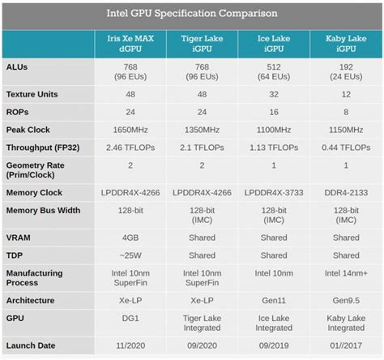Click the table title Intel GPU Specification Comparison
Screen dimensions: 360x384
coord(192,14)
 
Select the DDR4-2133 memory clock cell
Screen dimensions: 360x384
coord(346,192)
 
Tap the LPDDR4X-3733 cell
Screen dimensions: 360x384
coord(275,192)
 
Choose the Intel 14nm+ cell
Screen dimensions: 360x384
coord(346,274)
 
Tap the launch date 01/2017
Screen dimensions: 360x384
coord(346,345)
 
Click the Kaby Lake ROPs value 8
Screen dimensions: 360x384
coord(346,111)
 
